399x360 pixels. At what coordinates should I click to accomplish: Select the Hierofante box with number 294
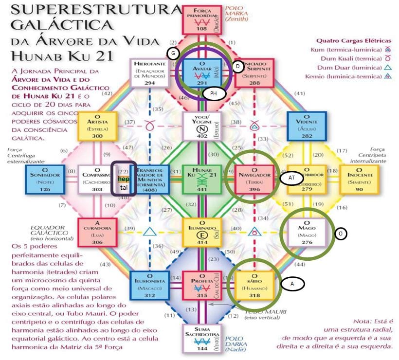tap(149, 72)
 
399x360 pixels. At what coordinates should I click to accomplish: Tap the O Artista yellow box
tap(98, 126)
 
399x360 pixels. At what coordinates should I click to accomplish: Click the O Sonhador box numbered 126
tap(45, 179)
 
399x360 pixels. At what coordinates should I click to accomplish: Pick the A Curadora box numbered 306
tap(98, 232)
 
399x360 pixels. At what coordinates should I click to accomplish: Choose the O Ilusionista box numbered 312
tap(150, 285)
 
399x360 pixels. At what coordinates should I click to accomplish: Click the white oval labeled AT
tap(291, 179)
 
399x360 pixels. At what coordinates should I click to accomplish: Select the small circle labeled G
tap(173, 53)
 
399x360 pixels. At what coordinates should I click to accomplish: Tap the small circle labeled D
tap(237, 67)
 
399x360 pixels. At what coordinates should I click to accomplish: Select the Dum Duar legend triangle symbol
tap(388, 68)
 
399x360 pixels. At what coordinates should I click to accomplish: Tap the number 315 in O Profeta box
tap(201, 295)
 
